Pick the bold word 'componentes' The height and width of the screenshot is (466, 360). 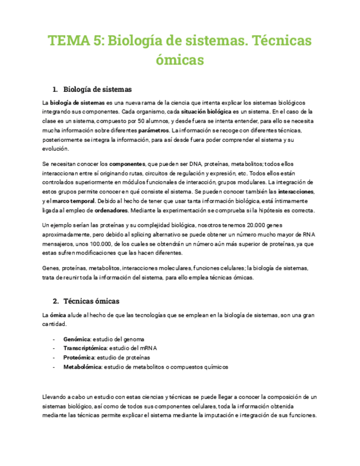click(x=127, y=164)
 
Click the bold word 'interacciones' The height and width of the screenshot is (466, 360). click(x=296, y=191)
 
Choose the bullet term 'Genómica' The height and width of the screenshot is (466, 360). click(x=77, y=340)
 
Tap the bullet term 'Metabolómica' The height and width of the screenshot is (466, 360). click(x=82, y=367)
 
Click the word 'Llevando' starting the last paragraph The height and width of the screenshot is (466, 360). click(x=54, y=397)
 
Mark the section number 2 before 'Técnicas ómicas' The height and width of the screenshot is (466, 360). click(x=56, y=301)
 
